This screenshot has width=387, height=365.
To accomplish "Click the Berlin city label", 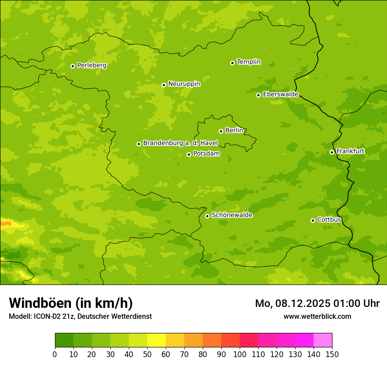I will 234,131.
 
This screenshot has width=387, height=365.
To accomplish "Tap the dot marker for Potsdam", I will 189,154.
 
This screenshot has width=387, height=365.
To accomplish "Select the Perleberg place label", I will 91,66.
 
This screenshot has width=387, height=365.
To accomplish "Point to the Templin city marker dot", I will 232,63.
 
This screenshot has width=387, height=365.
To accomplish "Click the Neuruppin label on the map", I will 184,84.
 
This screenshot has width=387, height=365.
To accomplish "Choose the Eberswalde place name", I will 281,95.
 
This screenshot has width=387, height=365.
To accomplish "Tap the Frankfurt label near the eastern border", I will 350,151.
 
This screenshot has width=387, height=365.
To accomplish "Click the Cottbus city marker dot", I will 313,220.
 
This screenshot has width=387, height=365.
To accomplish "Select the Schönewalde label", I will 232,215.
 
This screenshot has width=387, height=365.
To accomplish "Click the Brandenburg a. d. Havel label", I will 180,143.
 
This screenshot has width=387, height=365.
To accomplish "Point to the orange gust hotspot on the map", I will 6,224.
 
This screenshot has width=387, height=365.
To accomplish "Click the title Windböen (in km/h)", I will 71,303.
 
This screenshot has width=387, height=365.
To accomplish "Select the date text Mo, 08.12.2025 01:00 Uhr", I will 317,303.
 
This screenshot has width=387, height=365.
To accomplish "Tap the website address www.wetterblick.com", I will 317,316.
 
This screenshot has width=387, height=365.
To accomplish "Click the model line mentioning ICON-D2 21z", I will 80,316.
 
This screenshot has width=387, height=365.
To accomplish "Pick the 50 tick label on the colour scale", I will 147,354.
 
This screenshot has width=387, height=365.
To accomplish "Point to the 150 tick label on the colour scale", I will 332,354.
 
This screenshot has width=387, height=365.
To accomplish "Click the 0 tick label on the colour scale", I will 55,354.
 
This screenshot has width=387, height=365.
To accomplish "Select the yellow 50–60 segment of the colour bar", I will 157,340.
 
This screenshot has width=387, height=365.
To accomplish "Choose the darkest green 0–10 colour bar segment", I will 64,340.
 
